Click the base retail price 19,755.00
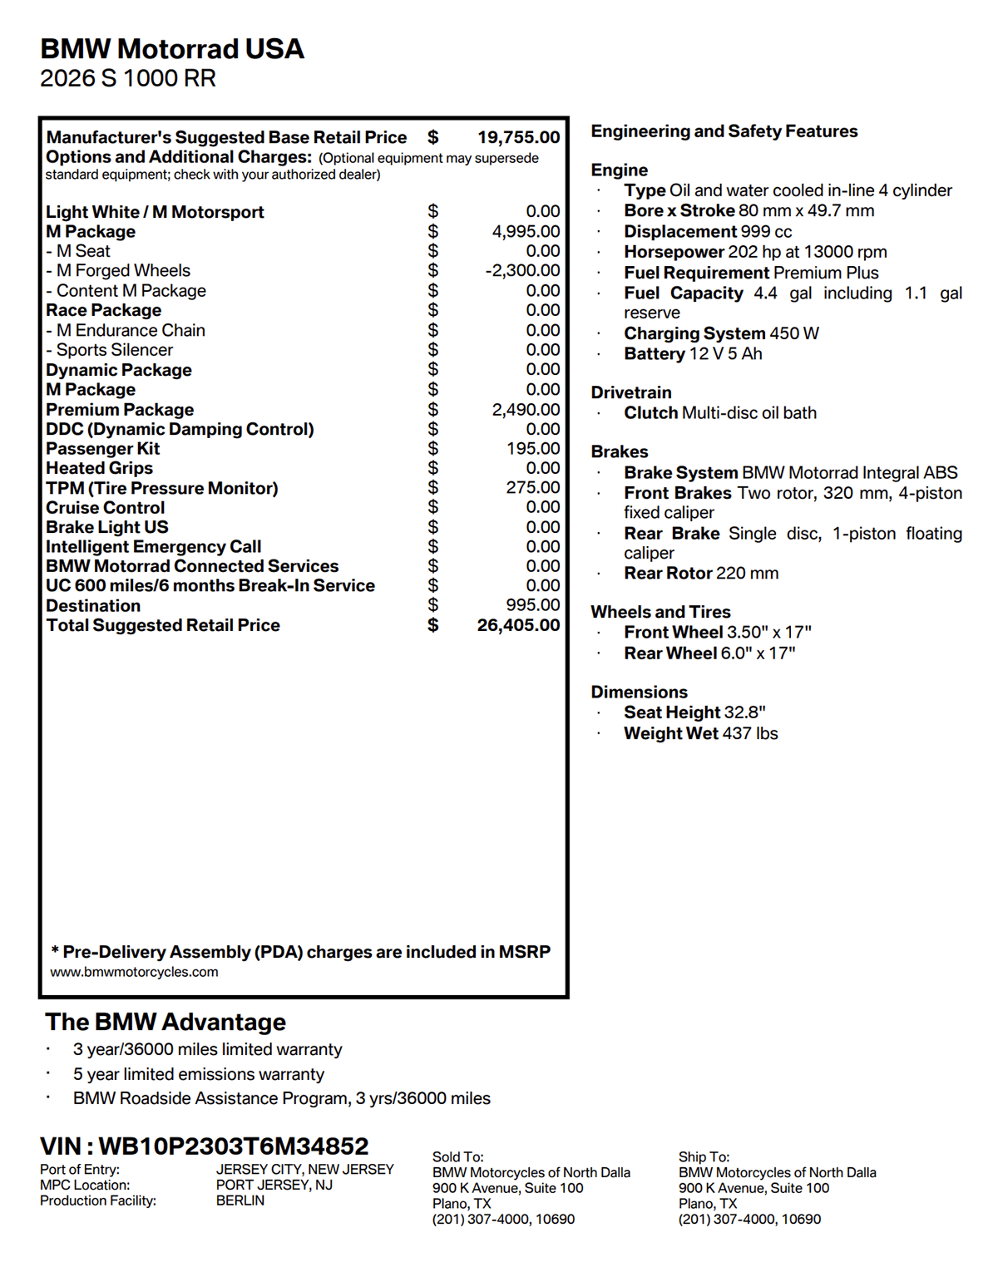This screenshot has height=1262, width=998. tap(518, 137)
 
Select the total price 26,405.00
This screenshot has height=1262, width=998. tap(518, 625)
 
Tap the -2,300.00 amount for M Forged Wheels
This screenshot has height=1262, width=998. tap(522, 270)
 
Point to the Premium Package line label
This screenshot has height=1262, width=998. tap(120, 409)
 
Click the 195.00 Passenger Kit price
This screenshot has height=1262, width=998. tap(533, 448)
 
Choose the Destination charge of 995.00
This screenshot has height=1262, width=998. tap(533, 605)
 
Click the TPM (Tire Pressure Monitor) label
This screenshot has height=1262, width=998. tap(162, 488)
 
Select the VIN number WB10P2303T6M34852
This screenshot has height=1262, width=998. tap(233, 1146)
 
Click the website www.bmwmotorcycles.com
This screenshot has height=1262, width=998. tap(134, 972)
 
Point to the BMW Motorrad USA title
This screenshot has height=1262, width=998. tap(172, 49)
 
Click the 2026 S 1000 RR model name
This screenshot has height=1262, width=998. tap(128, 78)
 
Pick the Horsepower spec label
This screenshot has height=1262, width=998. tap(674, 252)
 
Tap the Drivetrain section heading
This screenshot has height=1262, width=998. tap(631, 392)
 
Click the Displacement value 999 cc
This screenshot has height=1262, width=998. tap(766, 231)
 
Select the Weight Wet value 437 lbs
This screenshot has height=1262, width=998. tap(750, 733)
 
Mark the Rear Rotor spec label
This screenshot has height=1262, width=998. tap(668, 573)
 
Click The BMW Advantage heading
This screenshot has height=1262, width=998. tap(166, 1022)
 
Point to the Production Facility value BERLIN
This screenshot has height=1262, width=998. tap(240, 1200)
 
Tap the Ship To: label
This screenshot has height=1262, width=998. tap(704, 1156)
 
